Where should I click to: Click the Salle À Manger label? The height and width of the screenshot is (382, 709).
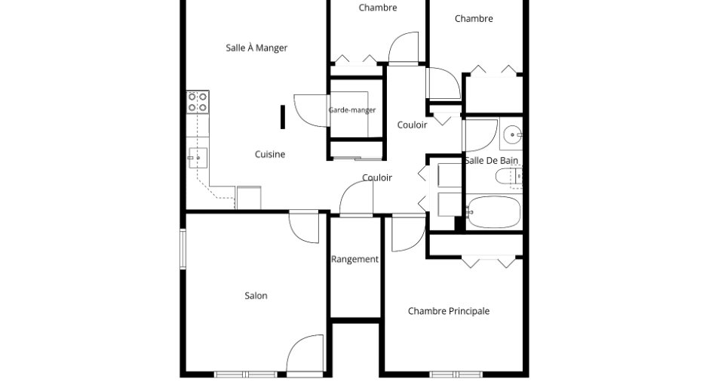point(256,48)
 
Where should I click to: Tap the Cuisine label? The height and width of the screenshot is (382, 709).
point(270,154)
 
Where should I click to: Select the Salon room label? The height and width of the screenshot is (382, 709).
point(256,295)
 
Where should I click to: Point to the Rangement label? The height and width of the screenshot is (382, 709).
point(355,259)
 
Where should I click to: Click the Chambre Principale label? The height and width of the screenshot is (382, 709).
point(449,311)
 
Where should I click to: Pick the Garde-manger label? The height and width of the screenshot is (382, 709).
point(352,110)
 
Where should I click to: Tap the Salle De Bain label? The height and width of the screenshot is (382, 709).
point(492,160)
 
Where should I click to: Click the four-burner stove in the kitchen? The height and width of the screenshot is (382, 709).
point(198,102)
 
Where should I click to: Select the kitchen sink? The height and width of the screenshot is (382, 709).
point(198,158)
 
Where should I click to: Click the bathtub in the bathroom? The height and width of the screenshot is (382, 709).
point(494,211)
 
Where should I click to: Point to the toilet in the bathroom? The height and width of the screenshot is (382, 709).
point(508,176)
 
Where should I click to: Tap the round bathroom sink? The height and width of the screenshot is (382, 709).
point(513,134)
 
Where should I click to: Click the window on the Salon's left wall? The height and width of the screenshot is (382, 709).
point(183,249)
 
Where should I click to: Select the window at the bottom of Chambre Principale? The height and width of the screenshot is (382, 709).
point(456,374)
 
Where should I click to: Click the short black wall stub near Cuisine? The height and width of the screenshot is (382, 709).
point(283,117)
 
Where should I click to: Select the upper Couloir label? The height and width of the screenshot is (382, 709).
point(412,125)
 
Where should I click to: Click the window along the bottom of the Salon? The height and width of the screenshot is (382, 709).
point(246,374)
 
